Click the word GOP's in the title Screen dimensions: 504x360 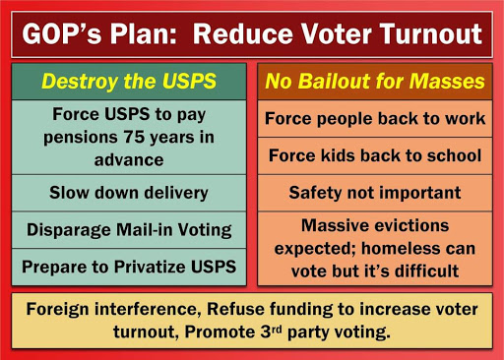coord(62,33)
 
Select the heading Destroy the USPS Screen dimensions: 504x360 coord(129,81)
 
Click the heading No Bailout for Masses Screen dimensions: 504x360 coord(375,81)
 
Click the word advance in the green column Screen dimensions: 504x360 coord(129,160)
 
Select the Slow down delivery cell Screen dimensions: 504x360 coord(129,193)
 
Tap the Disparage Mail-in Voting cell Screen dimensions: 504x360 coord(129,230)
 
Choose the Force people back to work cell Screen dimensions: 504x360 coord(375,119)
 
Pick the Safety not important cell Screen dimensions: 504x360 coord(375,193)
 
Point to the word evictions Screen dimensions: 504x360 coord(411,225)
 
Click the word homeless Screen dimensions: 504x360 coord(400,249)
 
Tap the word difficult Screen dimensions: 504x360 coord(427,271)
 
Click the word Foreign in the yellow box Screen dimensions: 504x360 coord(57,309)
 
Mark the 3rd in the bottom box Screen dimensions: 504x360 coord(271,331)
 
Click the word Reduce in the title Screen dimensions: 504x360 coord(242,33)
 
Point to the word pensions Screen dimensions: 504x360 coord(81,138)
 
